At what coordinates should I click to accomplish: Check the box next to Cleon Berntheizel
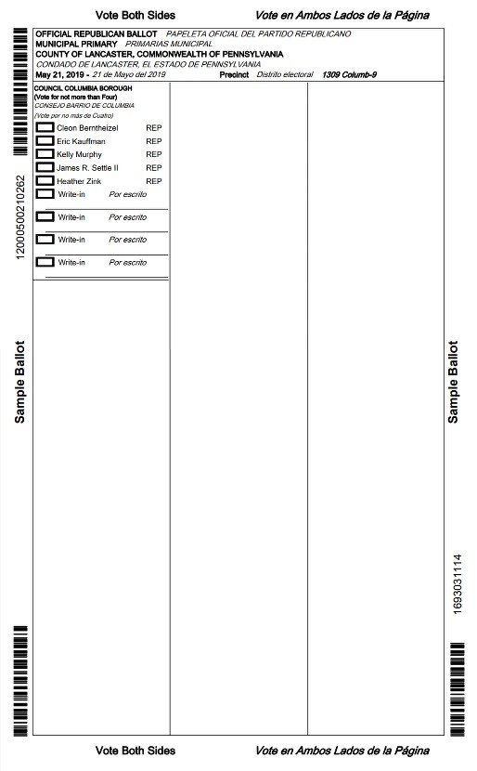44,127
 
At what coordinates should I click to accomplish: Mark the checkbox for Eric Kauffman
44,141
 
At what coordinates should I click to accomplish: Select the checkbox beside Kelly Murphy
44,154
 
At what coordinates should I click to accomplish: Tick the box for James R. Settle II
44,168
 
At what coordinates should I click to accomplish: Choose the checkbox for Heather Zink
44,181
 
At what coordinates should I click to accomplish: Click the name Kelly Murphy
79,154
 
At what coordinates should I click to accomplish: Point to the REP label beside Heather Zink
154,181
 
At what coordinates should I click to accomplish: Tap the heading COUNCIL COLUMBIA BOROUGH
76,88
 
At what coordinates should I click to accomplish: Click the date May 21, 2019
61,74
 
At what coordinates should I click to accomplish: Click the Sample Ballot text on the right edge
453,382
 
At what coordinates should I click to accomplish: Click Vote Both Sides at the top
135,16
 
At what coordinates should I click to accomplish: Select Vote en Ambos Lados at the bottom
342,751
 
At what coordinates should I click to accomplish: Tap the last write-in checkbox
44,262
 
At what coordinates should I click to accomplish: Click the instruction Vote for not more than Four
69,97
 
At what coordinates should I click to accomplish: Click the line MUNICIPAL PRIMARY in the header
76,44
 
